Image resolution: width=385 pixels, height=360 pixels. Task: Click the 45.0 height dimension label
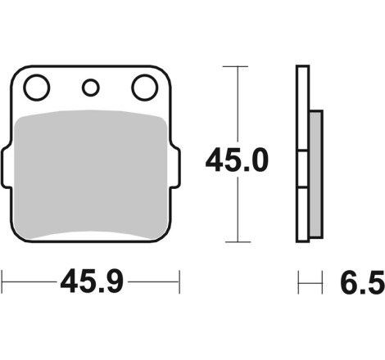pos(237,160)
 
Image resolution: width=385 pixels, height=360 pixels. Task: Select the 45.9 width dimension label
pos(92,281)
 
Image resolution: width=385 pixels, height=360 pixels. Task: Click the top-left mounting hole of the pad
pos(37,88)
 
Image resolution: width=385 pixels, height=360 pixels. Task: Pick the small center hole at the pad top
pos(91,88)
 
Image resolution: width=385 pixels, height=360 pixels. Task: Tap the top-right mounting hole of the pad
pos(145,88)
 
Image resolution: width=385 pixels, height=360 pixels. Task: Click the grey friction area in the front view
pos(90,174)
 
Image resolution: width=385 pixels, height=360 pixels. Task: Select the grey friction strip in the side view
pos(316,173)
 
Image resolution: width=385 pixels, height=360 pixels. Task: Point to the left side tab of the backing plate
pos(7,167)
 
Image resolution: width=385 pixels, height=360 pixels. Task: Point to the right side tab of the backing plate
pos(174,167)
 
